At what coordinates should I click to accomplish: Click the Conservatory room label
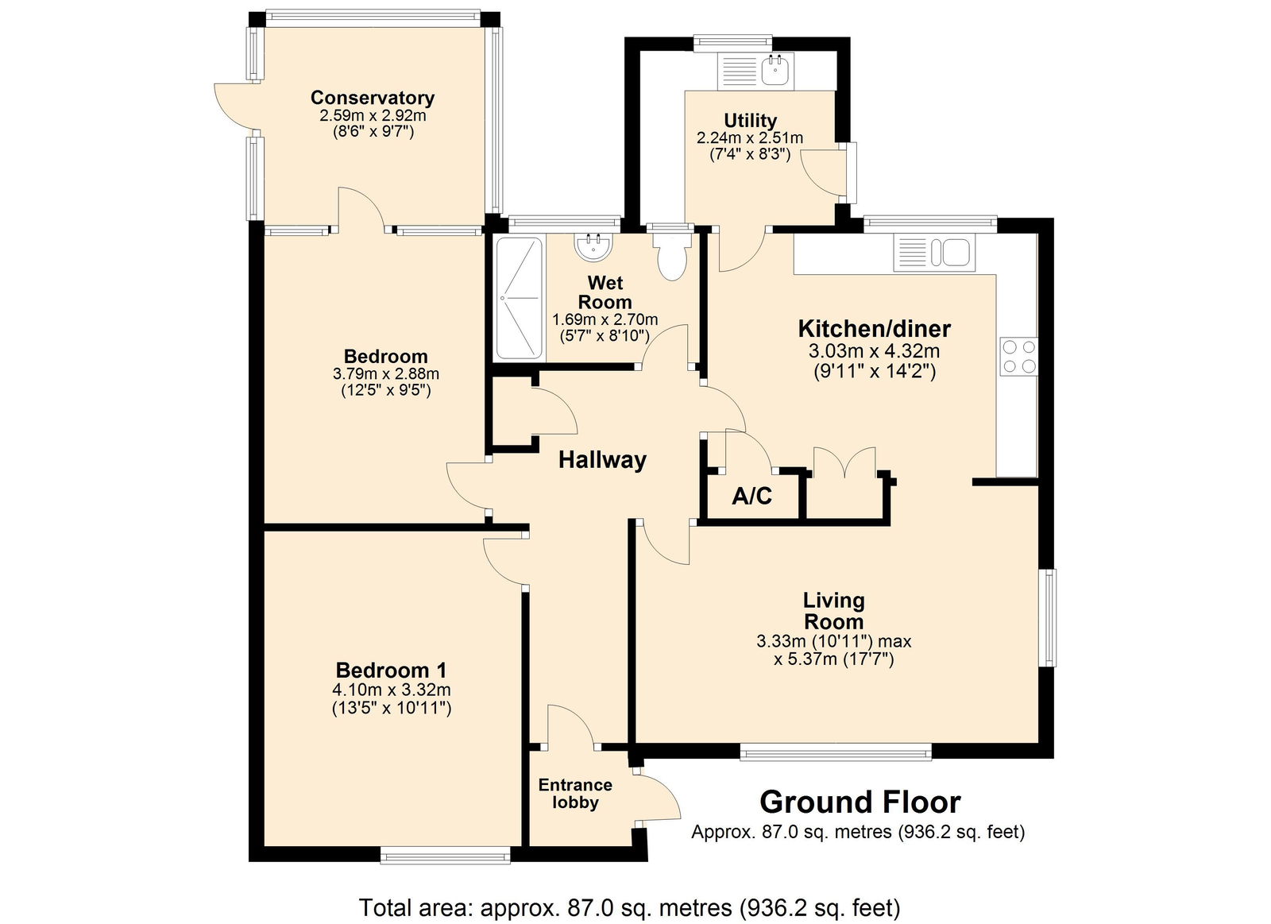373,98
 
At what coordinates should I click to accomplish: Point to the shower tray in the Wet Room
520,298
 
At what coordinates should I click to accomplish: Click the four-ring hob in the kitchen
1018,357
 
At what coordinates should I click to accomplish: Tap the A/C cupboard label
751,497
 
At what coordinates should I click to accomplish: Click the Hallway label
603,460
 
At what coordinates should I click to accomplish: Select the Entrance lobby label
575,794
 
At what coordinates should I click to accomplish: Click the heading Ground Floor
860,802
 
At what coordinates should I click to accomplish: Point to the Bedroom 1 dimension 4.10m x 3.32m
392,690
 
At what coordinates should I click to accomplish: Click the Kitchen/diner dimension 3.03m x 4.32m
875,350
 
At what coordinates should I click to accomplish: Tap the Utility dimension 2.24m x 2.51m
750,138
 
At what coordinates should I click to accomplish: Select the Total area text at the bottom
630,907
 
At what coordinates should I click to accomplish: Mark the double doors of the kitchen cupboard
845,462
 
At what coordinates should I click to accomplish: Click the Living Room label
833,610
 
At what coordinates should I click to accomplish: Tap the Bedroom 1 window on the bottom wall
445,856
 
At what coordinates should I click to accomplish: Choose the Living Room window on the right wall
1050,617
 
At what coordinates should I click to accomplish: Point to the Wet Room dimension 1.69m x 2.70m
605,319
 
